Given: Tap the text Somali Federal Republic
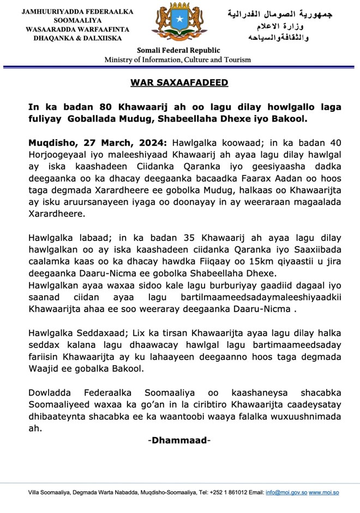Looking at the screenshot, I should click(x=178, y=51).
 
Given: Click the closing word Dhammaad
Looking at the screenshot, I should click(x=179, y=440).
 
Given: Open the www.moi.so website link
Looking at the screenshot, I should click(x=324, y=492).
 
